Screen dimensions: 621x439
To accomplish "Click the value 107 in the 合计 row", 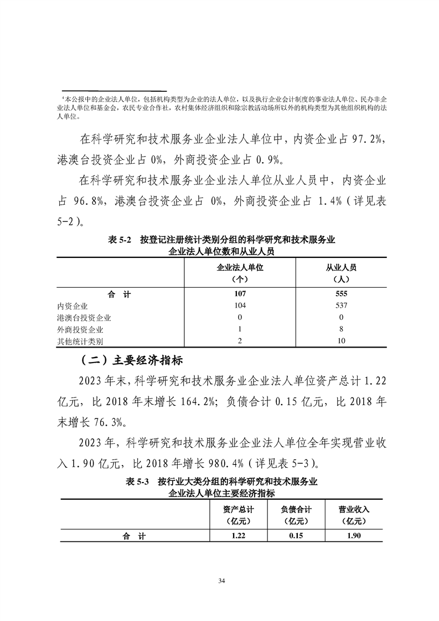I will [x=240, y=294].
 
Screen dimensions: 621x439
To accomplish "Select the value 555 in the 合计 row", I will [x=341, y=294].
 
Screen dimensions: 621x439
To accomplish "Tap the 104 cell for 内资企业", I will [x=240, y=306].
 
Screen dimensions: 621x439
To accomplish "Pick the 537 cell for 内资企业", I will [x=341, y=306].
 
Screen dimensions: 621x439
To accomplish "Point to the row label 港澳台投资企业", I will [x=84, y=318].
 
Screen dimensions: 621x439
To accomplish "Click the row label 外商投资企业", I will [x=80, y=329].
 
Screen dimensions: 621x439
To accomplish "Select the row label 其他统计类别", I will [x=80, y=341].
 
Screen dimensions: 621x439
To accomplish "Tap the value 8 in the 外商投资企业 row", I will [x=341, y=329].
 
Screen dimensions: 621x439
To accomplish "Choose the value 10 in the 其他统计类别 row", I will [x=341, y=341].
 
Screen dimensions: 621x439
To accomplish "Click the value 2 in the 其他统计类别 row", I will [x=240, y=341].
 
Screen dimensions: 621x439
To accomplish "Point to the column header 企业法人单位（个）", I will [x=240, y=272].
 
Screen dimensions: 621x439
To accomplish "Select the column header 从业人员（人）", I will [x=341, y=272].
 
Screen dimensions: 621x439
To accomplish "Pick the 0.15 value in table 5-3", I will [x=296, y=536].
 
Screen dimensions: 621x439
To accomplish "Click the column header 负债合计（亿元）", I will [x=296, y=515].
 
